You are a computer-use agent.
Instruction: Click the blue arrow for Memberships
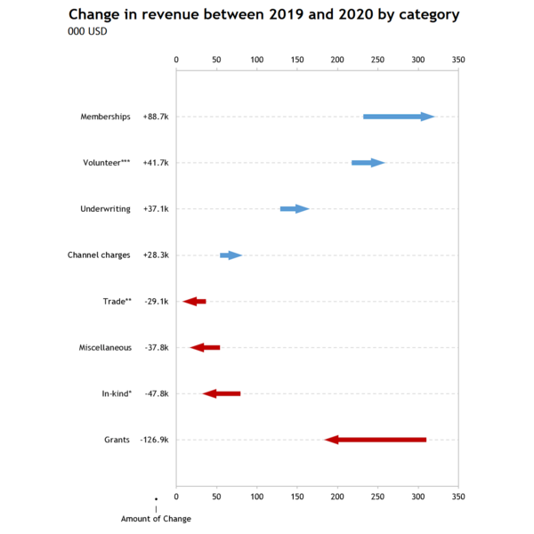point(399,117)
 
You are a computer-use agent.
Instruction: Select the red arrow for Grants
point(376,440)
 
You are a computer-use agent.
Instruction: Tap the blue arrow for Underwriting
point(295,209)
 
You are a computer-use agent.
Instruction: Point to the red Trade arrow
point(195,302)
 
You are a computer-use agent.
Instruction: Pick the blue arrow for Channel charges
point(231,255)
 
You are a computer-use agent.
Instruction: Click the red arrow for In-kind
point(222,393)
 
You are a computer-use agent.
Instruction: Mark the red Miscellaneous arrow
point(205,347)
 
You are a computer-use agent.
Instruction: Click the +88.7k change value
point(156,117)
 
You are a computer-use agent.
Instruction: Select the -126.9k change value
point(154,440)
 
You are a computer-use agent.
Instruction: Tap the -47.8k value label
point(157,393)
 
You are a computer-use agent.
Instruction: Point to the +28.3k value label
point(156,255)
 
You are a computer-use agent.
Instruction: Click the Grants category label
point(117,440)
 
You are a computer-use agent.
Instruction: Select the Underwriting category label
point(105,209)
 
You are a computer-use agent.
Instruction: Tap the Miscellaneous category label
point(105,347)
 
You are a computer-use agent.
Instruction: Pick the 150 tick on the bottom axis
point(297,495)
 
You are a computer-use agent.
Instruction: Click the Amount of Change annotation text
point(156,519)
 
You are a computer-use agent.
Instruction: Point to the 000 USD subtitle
point(87,32)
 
